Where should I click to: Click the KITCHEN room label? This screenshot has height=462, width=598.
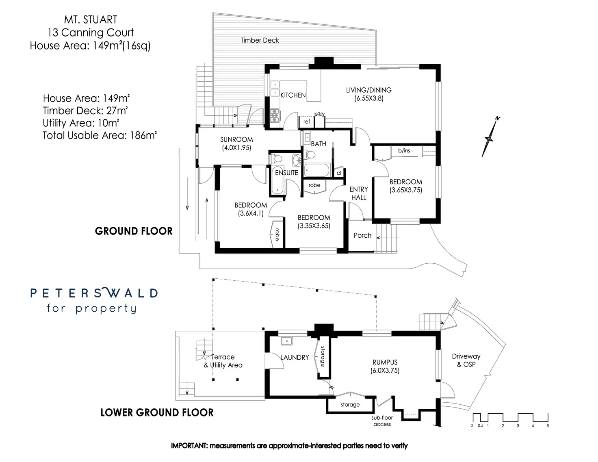tap(293, 95)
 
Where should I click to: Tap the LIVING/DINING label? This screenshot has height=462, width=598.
tap(368, 90)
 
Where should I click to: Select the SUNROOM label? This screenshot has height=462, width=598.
tap(236, 140)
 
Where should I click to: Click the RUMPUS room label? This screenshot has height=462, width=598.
tap(385, 362)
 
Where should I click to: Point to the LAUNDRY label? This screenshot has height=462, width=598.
tap(295, 358)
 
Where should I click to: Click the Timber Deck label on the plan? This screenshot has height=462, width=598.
tap(260, 40)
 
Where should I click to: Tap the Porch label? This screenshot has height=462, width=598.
tap(362, 235)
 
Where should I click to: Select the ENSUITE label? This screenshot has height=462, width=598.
tap(286, 173)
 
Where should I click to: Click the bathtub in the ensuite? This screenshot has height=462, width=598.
tap(277, 180)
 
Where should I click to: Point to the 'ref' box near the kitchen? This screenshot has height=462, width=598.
tap(307, 121)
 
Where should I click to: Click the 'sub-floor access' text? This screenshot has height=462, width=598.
tap(382, 421)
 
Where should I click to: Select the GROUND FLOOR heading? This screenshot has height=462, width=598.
tap(134, 231)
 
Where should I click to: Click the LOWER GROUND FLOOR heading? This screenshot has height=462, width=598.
tap(157, 413)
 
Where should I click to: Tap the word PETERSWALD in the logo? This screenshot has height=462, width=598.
tap(94, 293)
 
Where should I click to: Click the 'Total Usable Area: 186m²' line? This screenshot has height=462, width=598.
tap(100, 135)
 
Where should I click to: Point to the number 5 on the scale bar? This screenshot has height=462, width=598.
tap(548, 426)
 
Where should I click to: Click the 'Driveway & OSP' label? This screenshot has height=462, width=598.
tap(466, 360)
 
